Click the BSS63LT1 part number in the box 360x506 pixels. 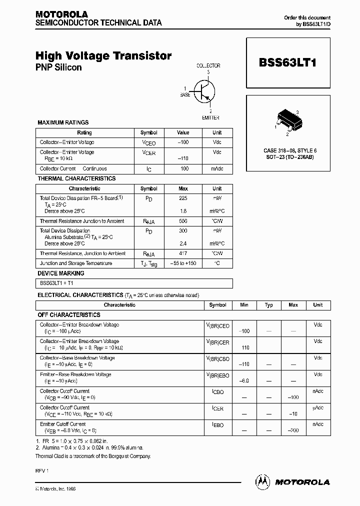(287, 63)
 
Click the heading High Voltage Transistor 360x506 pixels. (103, 56)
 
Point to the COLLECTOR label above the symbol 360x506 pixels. (208, 65)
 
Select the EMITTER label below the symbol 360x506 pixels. (210, 117)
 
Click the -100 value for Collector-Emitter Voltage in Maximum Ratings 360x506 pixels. (183, 142)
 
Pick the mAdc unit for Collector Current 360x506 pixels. (217, 169)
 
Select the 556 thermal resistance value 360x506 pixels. (183, 221)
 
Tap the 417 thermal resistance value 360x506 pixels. (183, 253)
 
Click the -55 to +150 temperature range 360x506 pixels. (183, 263)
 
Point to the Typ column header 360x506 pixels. (269, 305)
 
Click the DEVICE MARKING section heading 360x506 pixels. (61, 273)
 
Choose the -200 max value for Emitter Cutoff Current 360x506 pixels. (293, 430)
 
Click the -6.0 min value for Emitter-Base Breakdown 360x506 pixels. (244, 380)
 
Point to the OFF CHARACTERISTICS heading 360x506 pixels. (69, 315)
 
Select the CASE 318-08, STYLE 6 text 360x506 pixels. (290, 150)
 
